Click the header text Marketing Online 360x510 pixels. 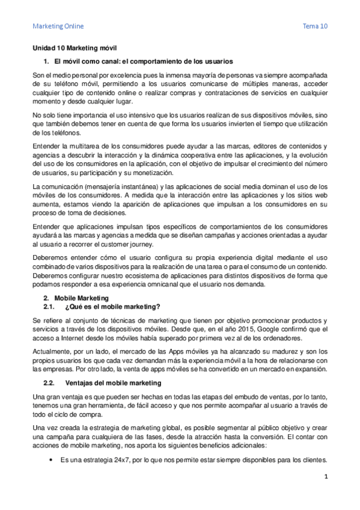pos(58,26)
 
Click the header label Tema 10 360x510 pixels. pos(315,26)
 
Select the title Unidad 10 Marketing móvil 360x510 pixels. pos(78,48)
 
